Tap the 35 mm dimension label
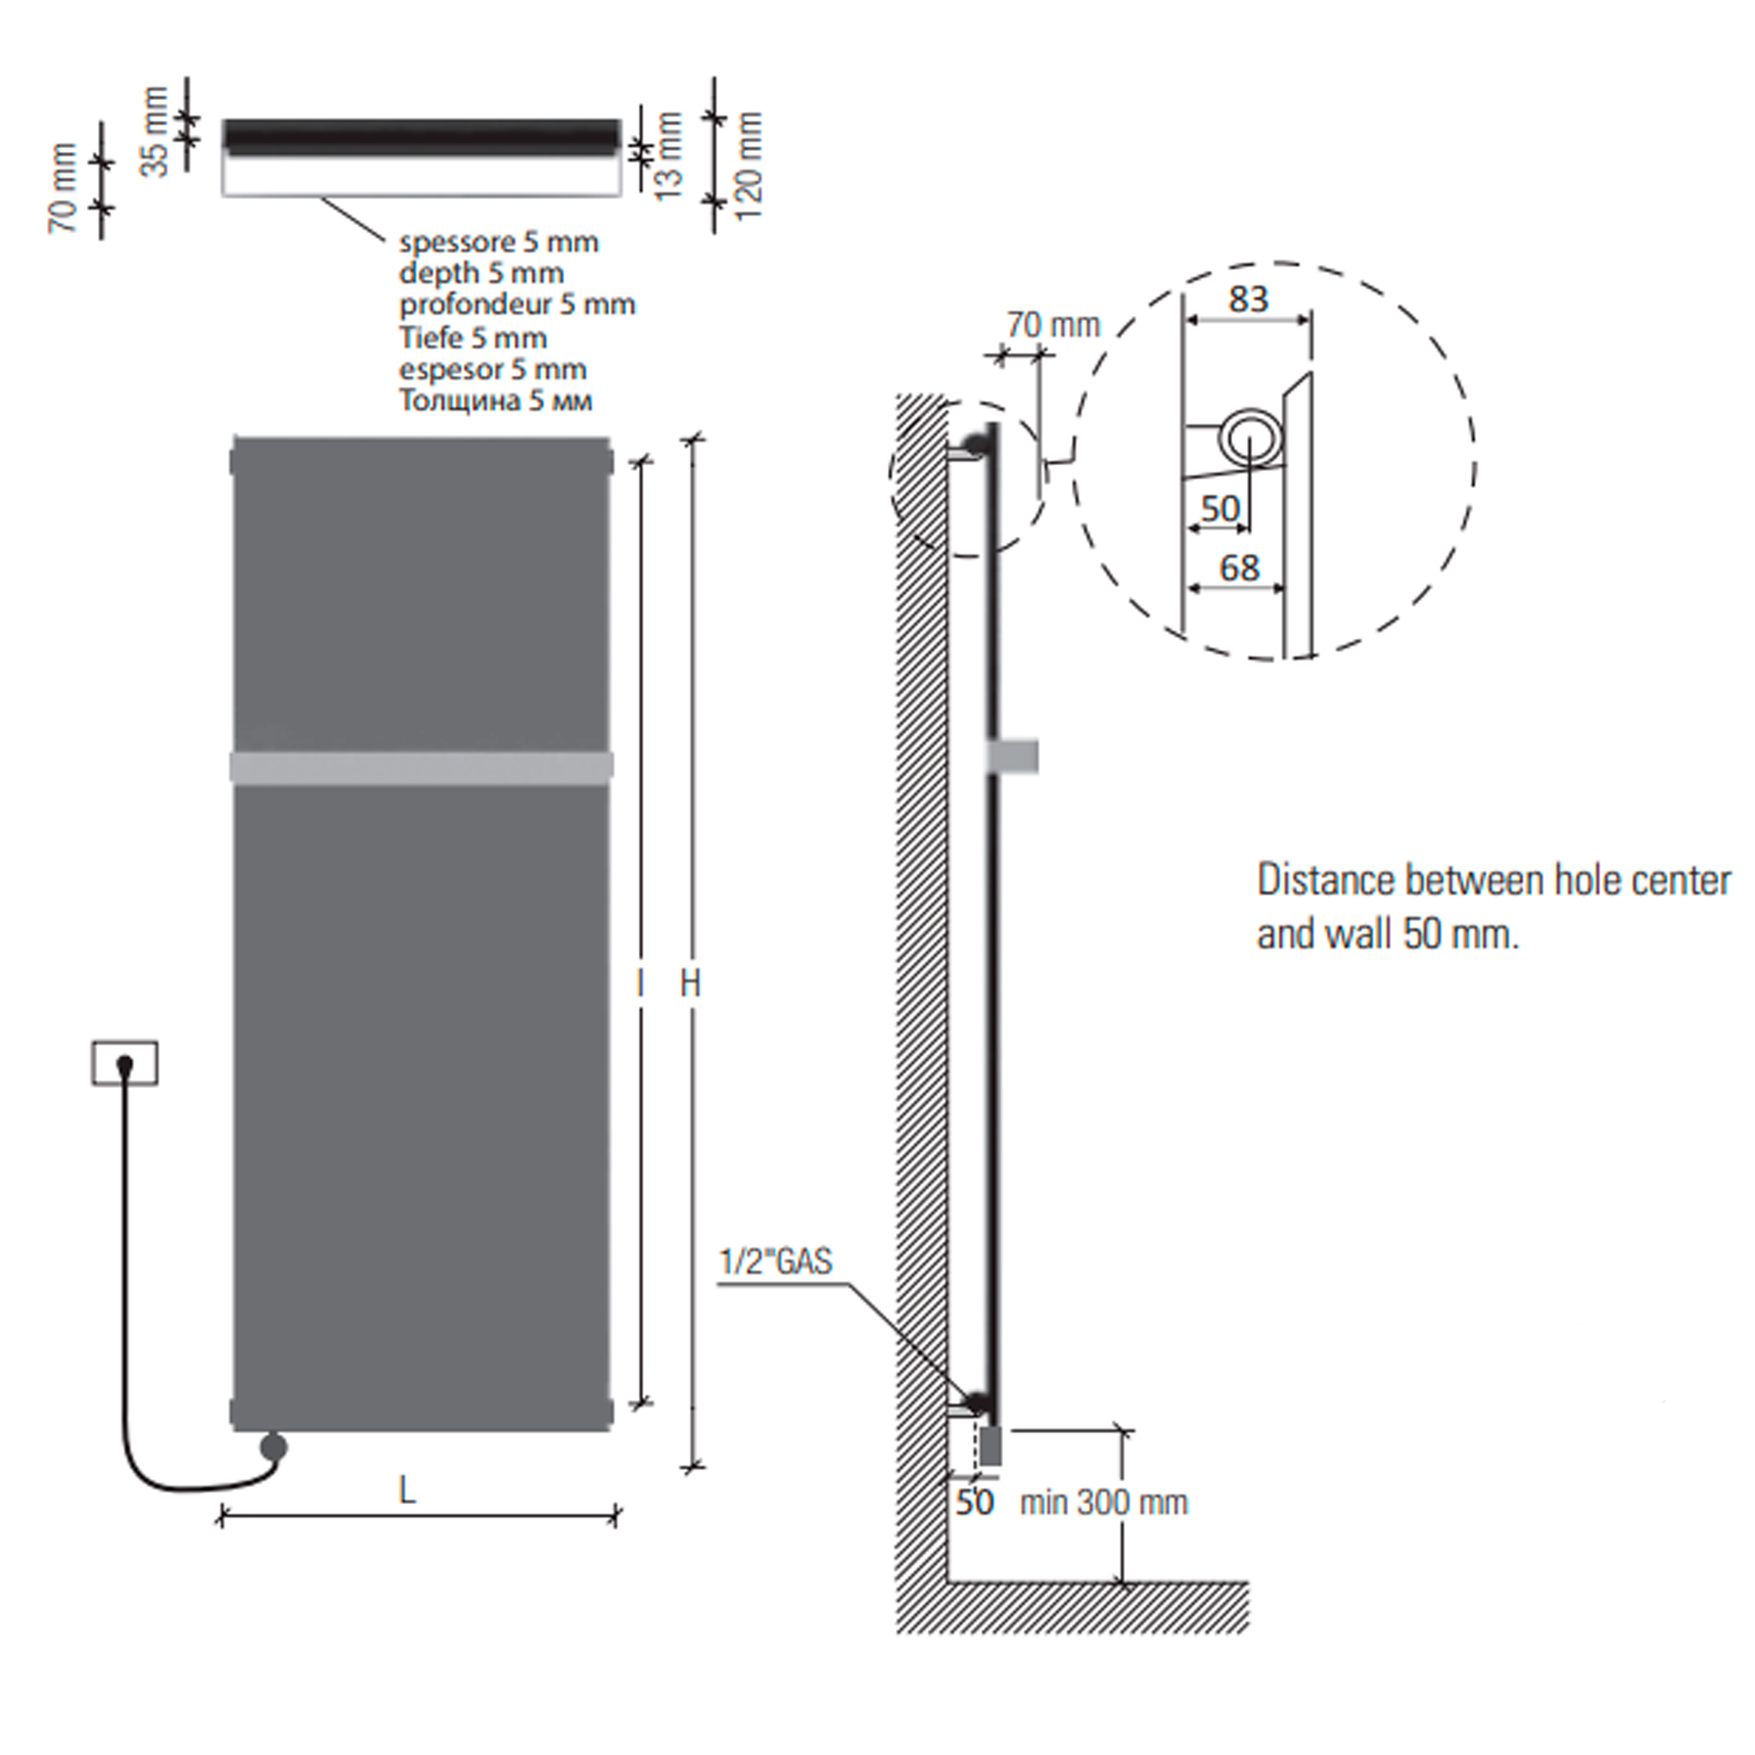coord(156,132)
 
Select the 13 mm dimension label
coord(669,155)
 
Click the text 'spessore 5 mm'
coord(498,242)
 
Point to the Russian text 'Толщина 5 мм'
coord(496,401)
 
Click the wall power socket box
coord(125,1063)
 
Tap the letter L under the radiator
coord(407,1490)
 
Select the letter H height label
coord(691,983)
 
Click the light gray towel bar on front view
coord(421,767)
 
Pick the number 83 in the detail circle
coord(1248,299)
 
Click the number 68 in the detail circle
coord(1239,569)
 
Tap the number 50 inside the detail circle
coord(1220,509)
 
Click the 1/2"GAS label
coord(776,1262)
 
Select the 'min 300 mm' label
coord(1104,1502)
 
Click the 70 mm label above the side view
coord(1053,325)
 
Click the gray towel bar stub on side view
coord(1013,756)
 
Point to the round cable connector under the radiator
coord(273,1447)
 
